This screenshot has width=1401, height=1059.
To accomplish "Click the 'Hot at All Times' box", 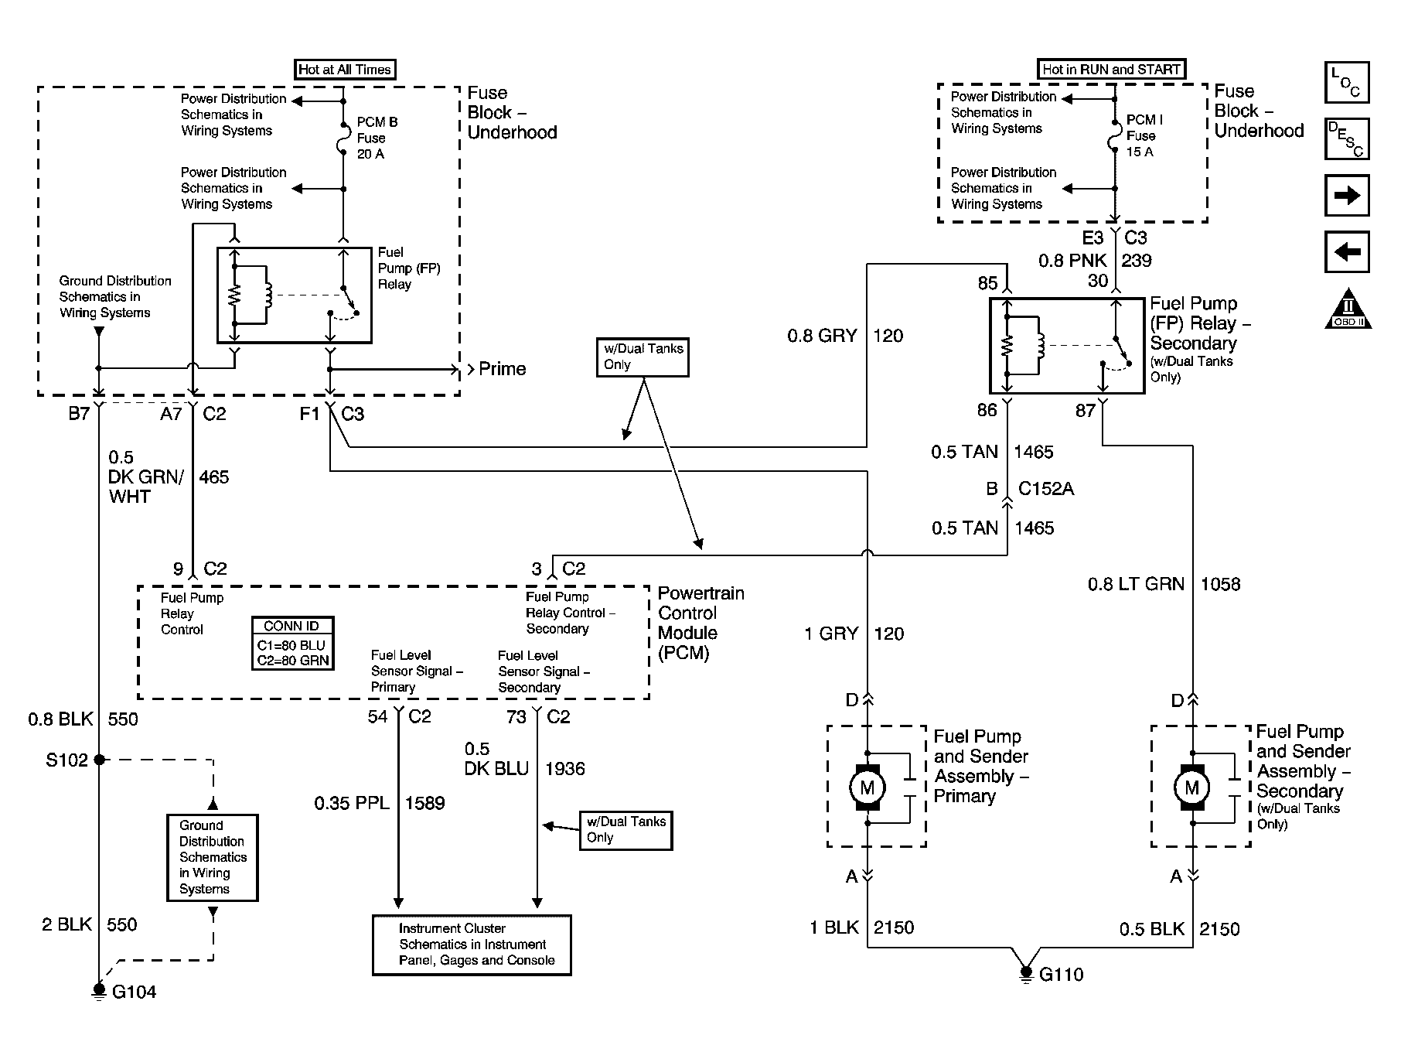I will coord(345,70).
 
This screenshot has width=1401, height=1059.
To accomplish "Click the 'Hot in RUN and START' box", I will coord(1111,69).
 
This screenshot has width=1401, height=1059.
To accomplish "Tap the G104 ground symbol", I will coord(99,990).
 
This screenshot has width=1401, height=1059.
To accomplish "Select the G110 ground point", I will coord(1026,973).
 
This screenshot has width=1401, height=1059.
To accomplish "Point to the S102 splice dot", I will coord(99,760).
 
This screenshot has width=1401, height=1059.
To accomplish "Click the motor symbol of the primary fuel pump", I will coord(867,787).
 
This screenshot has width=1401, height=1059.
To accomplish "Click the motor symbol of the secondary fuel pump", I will coord(1191,787).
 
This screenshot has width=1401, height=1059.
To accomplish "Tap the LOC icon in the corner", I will coord(1346,83).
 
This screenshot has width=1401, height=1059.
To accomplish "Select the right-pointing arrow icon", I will coord(1347,195).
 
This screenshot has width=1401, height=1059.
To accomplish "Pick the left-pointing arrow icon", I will coord(1347,252).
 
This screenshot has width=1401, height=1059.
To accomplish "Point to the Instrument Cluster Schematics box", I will coord(472,945).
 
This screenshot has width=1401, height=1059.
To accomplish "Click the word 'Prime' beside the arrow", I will coord(502,369).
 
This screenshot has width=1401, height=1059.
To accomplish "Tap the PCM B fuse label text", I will coord(377,138).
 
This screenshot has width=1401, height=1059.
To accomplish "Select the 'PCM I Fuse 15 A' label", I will coord(1144,135).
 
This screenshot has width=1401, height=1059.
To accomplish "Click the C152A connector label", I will coord(1045,489).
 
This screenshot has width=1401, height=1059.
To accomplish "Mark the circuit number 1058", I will coord(1219,584).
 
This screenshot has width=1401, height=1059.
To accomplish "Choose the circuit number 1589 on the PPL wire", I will coord(424,803).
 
